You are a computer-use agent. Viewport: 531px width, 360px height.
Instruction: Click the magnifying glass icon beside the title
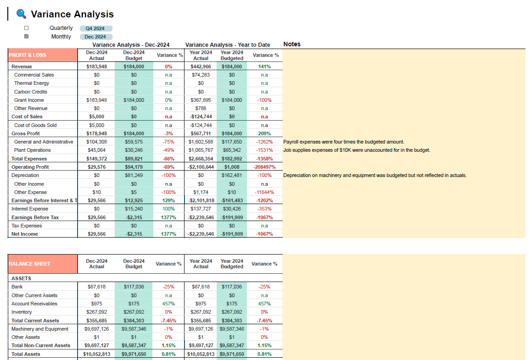(x=21, y=14)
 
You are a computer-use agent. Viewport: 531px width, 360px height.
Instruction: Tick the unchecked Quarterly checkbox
(x=26, y=28)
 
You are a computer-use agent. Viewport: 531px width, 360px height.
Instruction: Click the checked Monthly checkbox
(x=26, y=37)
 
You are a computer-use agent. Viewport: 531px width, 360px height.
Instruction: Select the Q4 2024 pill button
(x=95, y=28)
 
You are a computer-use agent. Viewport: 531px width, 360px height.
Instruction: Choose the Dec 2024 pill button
(x=95, y=37)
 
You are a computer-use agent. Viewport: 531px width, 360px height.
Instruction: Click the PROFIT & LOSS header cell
(x=43, y=55)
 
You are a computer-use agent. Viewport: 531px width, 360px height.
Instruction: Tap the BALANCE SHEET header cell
(x=43, y=264)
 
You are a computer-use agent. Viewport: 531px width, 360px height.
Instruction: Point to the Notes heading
(x=292, y=44)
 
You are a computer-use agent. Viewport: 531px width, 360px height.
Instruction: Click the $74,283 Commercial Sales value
(x=201, y=75)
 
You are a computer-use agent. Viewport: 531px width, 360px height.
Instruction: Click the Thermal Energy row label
(x=32, y=83)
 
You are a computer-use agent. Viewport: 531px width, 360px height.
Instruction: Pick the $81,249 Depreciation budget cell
(x=134, y=175)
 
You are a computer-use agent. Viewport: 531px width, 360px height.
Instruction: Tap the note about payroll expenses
(x=344, y=142)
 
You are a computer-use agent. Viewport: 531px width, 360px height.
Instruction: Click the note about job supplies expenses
(x=357, y=150)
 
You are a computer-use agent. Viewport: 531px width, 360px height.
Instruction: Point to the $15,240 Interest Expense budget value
(x=134, y=209)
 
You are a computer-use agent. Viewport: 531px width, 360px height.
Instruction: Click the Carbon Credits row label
(x=30, y=92)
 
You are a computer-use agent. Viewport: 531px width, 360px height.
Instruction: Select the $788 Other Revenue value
(x=201, y=108)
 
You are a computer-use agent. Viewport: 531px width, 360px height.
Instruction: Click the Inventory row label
(x=22, y=312)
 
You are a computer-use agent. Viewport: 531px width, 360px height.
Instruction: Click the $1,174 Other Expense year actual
(x=201, y=192)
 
